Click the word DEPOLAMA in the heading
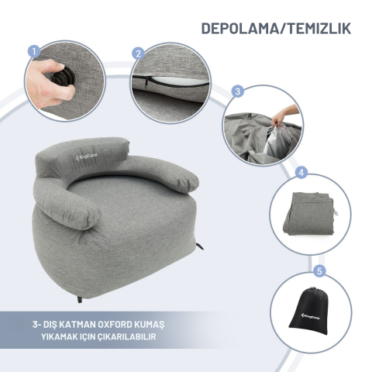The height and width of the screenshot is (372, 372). pos(240,29)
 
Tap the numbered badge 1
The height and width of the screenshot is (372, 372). pos(34,52)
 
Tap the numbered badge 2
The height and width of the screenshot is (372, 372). pos(139,54)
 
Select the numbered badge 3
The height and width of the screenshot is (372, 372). pos(238,91)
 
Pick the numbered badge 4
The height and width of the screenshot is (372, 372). pos(301,173)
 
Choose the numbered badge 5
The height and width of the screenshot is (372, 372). pos(320,271)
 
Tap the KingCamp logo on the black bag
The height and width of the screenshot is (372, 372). pos(311,316)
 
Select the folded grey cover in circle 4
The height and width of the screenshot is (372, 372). pos(309,213)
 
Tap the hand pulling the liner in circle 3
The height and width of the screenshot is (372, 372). pos(284,115)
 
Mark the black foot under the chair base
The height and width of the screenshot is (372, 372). pos(80,299)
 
